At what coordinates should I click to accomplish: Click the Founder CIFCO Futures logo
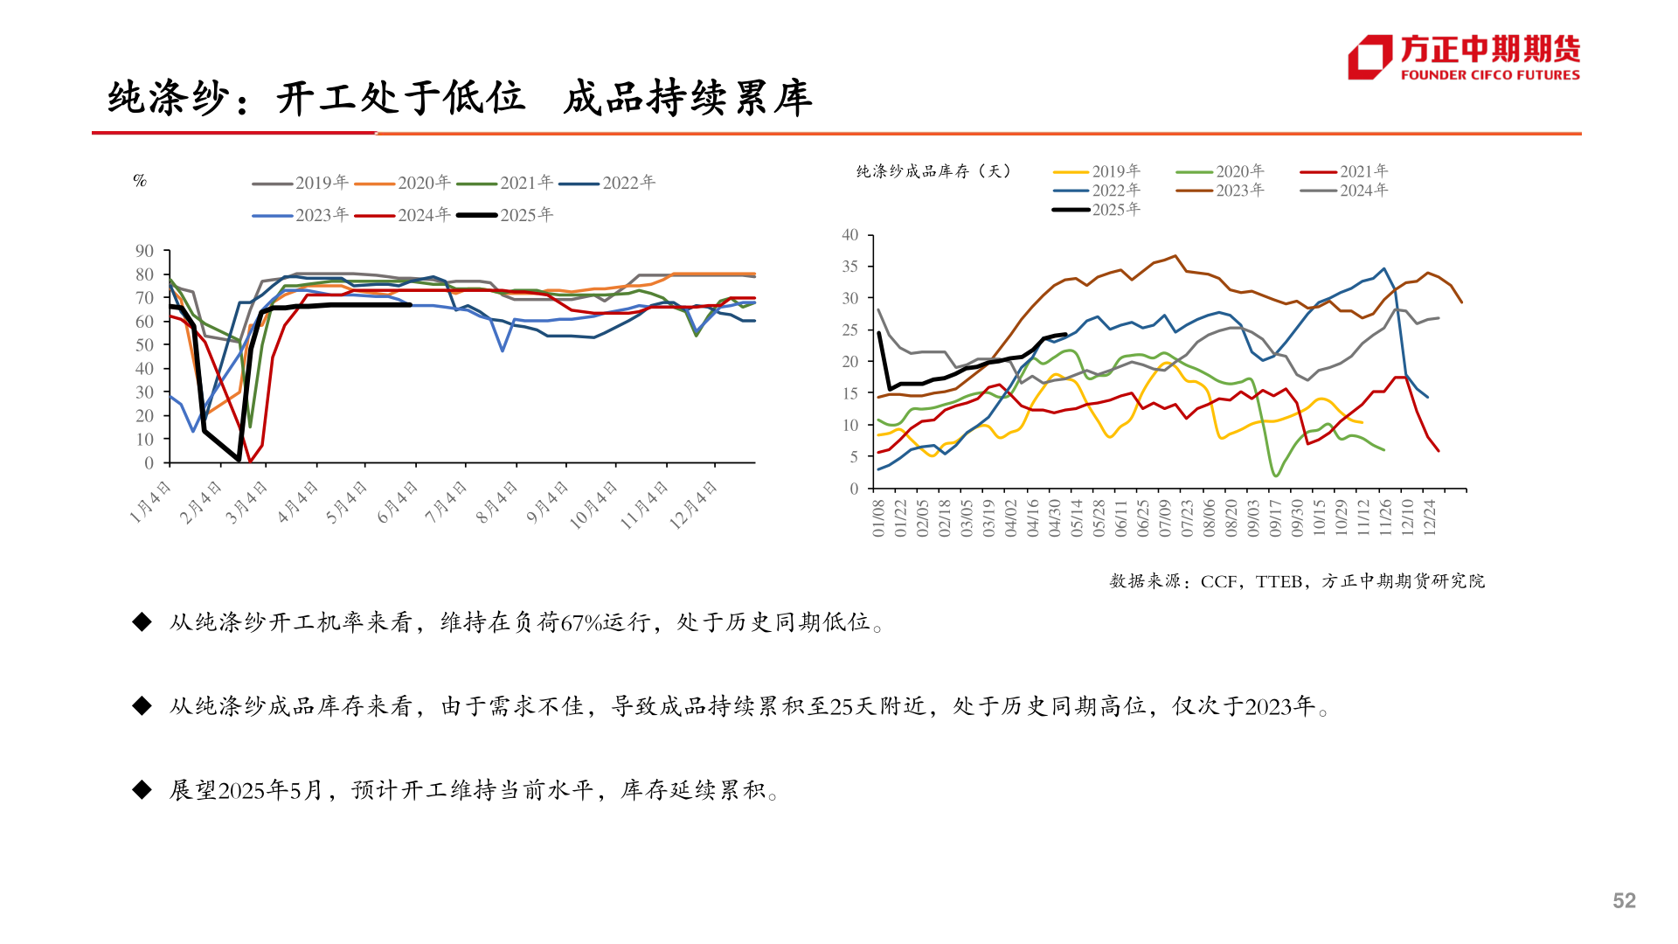(x=1463, y=58)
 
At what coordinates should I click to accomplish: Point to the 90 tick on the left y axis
(x=144, y=252)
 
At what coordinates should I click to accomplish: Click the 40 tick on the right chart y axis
(x=850, y=235)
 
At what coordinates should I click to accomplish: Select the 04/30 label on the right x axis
(x=1055, y=517)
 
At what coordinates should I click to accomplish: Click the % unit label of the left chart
(x=140, y=181)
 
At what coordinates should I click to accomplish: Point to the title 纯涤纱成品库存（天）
(x=933, y=171)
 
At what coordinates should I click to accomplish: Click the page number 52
(x=1624, y=901)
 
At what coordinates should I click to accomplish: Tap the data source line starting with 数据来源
(x=1297, y=581)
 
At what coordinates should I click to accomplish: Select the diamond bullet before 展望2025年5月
(x=142, y=790)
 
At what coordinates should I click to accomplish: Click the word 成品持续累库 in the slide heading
(x=688, y=98)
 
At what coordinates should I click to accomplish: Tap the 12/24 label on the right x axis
(x=1430, y=517)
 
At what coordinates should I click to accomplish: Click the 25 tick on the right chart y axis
(x=850, y=330)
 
